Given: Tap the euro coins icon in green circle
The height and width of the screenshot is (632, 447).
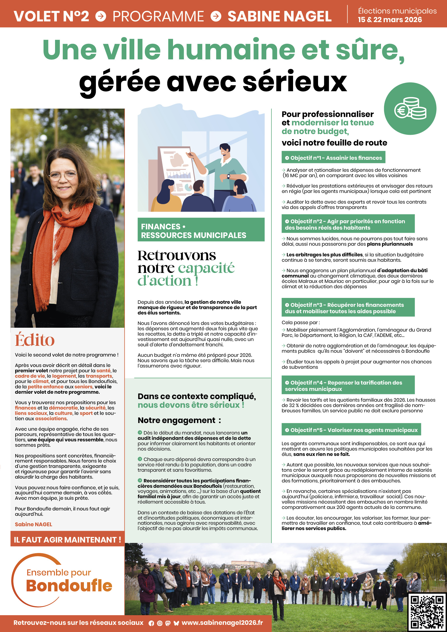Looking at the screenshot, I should (x=410, y=109).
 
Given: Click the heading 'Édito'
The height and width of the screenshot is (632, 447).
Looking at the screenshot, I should (x=35, y=340).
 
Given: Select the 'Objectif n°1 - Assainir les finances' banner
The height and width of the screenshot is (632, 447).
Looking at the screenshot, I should (x=333, y=157).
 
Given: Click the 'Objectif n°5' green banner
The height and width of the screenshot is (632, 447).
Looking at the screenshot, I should (x=351, y=430).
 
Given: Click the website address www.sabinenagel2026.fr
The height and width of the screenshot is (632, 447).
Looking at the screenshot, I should (x=222, y=623).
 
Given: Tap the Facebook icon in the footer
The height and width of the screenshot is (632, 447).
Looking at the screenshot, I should (x=151, y=623).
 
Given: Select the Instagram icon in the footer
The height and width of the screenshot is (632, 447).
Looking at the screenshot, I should (x=160, y=623).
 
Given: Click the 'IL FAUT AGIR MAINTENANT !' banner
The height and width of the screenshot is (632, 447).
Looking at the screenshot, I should (x=68, y=539).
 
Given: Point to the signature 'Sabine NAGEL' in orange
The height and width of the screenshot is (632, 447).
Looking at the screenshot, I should (x=33, y=524).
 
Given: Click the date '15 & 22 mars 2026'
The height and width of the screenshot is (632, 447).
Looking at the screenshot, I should (x=389, y=20).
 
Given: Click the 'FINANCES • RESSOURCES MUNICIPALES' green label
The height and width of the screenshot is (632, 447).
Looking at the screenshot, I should (x=201, y=231).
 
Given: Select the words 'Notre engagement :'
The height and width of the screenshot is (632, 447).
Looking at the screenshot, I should (x=179, y=420).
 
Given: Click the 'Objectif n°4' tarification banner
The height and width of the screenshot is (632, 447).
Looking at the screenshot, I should (x=348, y=385).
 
